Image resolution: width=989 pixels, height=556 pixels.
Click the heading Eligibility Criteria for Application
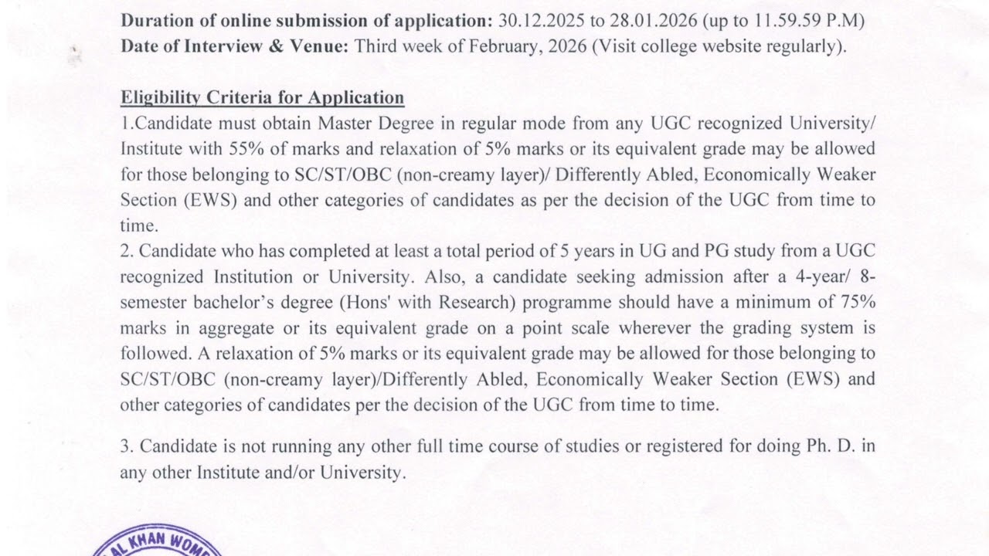(x=262, y=98)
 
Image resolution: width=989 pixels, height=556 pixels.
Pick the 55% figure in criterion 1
(x=247, y=148)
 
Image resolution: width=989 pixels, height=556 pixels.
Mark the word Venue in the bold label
(x=322, y=46)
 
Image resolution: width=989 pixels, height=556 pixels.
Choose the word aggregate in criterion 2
(x=236, y=327)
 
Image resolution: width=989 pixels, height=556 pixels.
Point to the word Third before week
(x=376, y=46)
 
